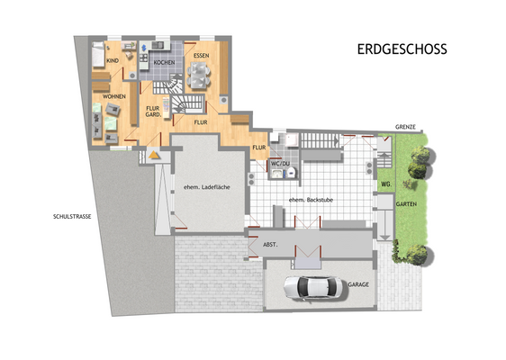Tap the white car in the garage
[x=311, y=288]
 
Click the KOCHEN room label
[x=163, y=63]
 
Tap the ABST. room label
[x=270, y=244]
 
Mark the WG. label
[x=385, y=184]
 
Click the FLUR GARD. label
[x=153, y=112]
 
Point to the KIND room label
[x=113, y=60]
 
